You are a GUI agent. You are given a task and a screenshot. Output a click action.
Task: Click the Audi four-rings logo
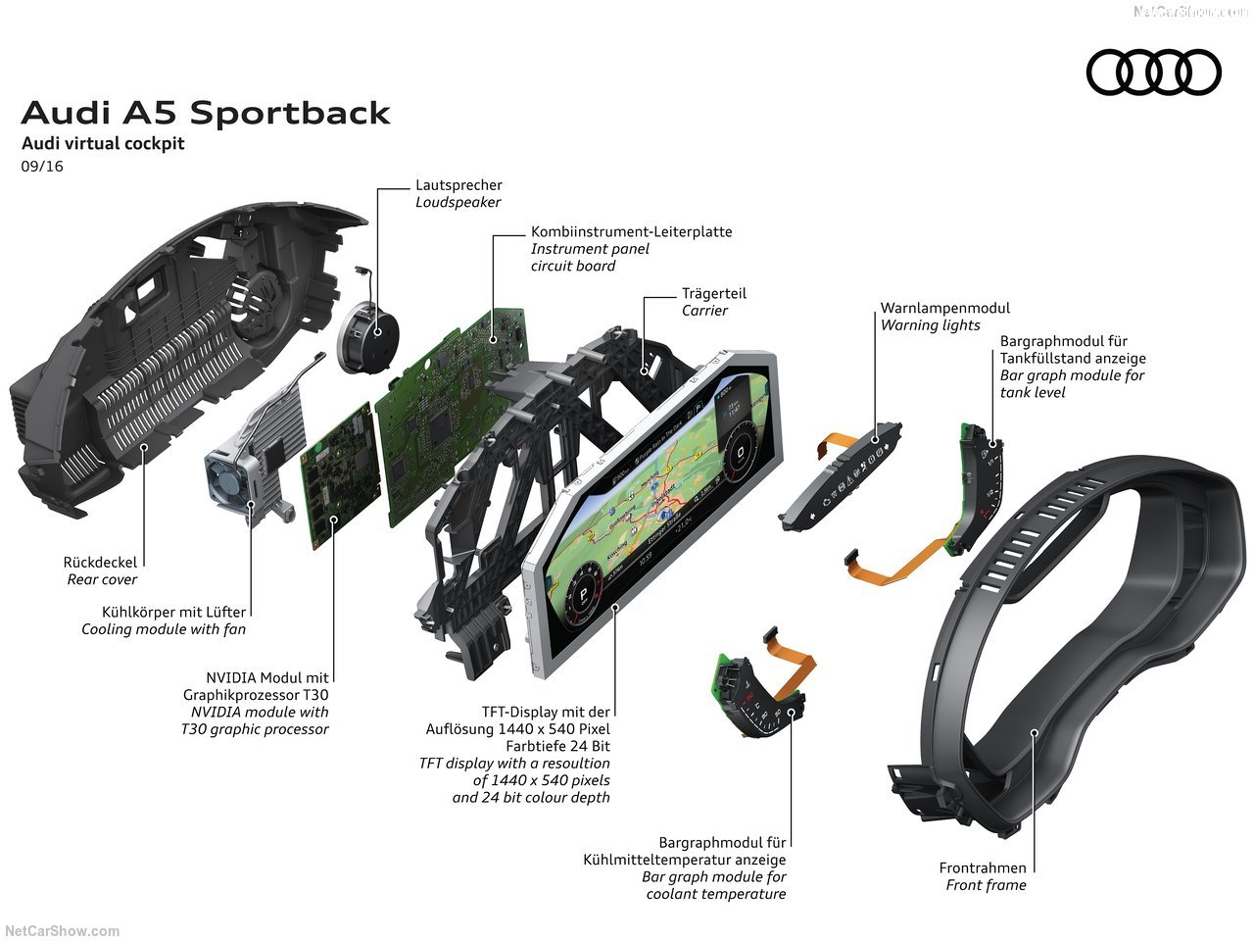tap(1153, 73)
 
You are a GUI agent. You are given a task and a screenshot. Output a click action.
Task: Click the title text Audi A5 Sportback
tap(206, 113)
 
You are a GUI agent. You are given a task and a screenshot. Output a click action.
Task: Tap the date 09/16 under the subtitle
tap(42, 167)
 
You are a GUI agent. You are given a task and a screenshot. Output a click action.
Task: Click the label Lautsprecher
tap(458, 184)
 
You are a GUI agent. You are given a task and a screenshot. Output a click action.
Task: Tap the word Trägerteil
tap(713, 293)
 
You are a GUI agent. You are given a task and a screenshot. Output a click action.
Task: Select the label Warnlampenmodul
tap(944, 308)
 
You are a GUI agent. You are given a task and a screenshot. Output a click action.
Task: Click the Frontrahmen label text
tap(983, 867)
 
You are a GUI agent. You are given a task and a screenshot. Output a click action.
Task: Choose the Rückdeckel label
tap(100, 563)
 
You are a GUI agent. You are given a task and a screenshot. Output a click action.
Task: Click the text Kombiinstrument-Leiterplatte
tap(631, 232)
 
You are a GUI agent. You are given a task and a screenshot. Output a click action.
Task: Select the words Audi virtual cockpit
tap(103, 143)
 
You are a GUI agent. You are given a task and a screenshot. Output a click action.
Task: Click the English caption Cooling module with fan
tap(164, 629)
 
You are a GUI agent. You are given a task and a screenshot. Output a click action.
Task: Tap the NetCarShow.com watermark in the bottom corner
tap(62, 931)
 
